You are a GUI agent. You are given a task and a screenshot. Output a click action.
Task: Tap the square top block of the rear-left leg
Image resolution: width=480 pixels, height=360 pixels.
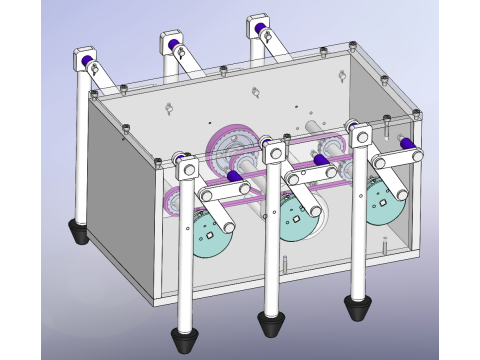point(80,62)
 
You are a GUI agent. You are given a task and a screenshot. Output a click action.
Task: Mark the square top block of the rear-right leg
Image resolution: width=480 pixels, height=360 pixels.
point(256,27)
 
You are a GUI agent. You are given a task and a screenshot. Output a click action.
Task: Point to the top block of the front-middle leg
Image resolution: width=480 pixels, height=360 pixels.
point(272,151)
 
